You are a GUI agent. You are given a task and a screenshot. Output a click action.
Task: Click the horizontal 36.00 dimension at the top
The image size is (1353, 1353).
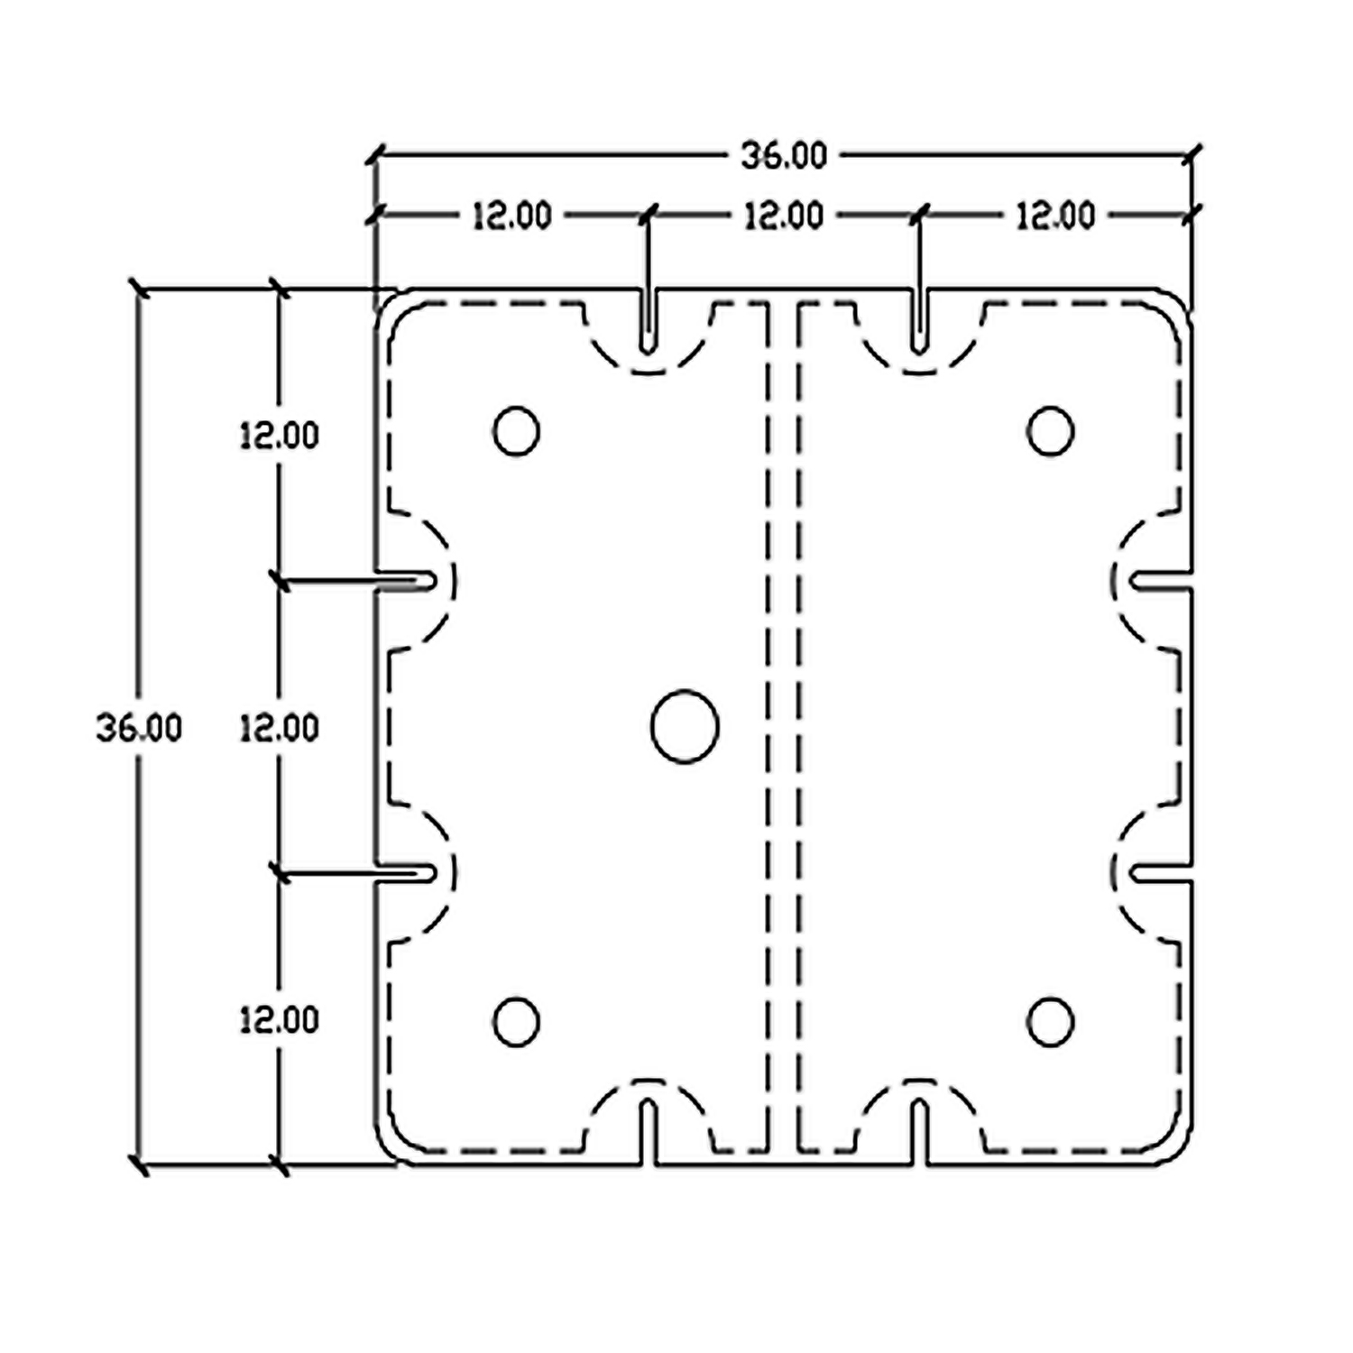(x=784, y=156)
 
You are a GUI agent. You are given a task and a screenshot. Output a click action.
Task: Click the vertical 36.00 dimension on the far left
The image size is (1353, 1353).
(x=139, y=728)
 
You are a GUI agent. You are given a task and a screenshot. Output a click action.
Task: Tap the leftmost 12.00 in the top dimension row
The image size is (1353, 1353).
(x=511, y=216)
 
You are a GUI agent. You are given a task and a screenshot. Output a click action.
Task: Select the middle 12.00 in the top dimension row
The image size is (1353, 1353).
(x=784, y=216)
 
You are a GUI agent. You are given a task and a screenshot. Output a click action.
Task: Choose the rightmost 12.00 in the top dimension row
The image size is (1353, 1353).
(x=1055, y=216)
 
